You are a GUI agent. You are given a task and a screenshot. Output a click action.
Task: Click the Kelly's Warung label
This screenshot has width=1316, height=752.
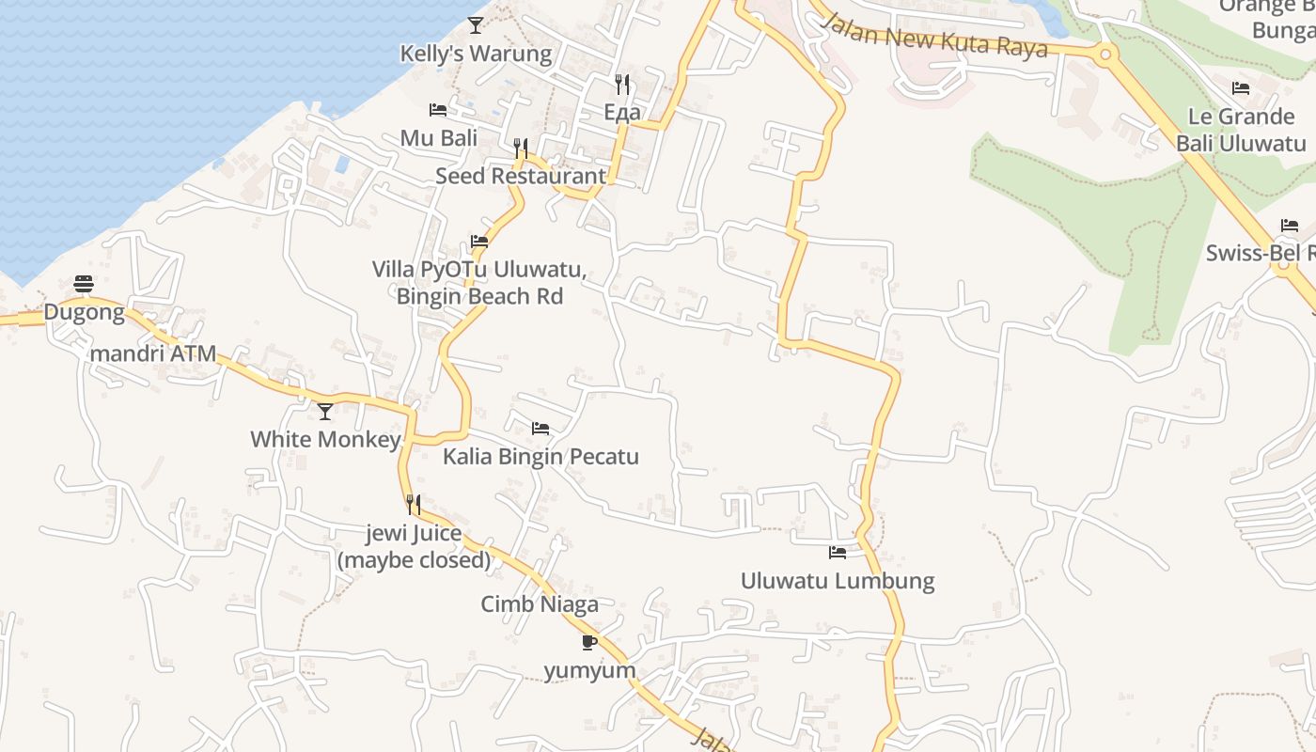click(x=476, y=54)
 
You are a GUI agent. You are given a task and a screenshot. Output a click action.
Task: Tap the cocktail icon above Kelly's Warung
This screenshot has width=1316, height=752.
click(x=476, y=25)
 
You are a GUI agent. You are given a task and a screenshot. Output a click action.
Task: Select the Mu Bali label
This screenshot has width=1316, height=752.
click(x=439, y=138)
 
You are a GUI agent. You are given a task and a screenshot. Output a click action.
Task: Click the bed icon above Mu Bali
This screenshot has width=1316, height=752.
click(x=438, y=110)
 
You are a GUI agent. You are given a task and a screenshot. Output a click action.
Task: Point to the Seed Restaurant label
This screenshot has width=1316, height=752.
click(x=521, y=176)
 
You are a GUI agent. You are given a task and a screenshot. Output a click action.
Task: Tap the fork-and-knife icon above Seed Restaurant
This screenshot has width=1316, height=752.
click(x=521, y=148)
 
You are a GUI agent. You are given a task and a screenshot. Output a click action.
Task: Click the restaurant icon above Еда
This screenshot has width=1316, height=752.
click(x=621, y=85)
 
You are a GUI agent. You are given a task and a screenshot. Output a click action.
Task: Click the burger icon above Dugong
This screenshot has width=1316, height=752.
click(x=84, y=284)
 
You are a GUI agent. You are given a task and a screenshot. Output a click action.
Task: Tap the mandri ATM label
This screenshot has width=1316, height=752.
click(x=153, y=354)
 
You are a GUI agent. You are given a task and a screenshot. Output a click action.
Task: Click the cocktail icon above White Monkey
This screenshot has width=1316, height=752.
click(x=325, y=411)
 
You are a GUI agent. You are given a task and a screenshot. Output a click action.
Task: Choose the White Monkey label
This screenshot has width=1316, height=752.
click(x=325, y=439)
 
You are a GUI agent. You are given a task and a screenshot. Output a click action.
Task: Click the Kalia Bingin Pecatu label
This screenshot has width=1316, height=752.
click(x=540, y=457)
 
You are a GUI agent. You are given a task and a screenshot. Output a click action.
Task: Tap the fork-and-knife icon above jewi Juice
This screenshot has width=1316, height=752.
click(x=413, y=505)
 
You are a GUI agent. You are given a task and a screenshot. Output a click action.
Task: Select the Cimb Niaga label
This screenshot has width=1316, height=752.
click(x=540, y=603)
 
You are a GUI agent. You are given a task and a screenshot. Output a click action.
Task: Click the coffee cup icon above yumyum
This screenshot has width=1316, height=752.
click(x=589, y=643)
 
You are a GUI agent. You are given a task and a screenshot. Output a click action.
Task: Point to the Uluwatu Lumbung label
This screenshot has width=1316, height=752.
click(x=838, y=580)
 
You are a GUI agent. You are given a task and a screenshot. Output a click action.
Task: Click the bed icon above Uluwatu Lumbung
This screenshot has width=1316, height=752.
click(x=838, y=552)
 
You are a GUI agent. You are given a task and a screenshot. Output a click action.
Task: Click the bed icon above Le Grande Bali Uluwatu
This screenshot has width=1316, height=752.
click(x=1241, y=88)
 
